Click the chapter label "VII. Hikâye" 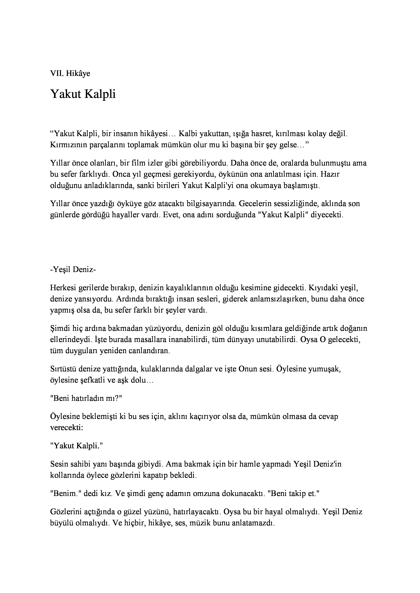pos(70,73)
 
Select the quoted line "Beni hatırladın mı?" pos(86,398)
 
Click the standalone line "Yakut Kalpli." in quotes pos(77,446)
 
